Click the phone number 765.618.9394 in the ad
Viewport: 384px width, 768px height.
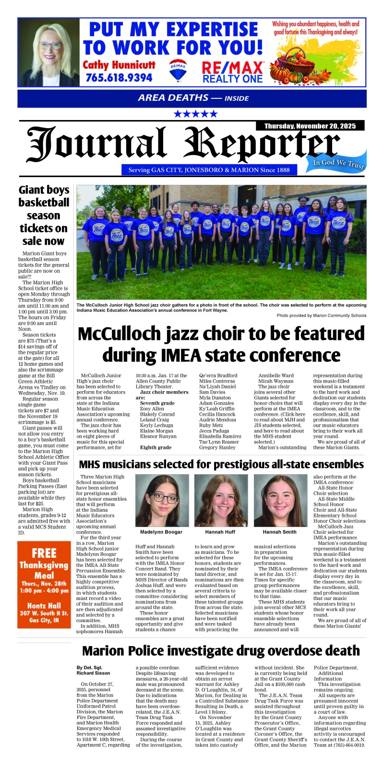point(119,77)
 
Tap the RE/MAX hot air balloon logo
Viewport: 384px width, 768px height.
point(178,71)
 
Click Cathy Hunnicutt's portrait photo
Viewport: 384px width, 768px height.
point(49,53)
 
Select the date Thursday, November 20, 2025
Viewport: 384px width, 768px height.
point(310,126)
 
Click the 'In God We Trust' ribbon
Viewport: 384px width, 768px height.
point(339,164)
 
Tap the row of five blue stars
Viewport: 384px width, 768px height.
point(195,114)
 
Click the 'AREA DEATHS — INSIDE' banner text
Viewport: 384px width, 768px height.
point(193,98)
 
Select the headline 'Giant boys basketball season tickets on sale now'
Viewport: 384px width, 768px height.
point(44,215)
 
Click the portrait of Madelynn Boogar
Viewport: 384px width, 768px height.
point(161,500)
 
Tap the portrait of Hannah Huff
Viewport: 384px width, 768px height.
point(220,500)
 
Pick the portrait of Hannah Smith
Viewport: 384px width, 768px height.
point(279,500)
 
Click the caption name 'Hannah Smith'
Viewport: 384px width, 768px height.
point(279,532)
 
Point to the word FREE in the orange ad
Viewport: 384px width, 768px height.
point(44,553)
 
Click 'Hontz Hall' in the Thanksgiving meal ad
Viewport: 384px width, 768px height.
point(44,606)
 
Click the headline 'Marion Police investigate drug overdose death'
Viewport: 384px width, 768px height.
point(220,650)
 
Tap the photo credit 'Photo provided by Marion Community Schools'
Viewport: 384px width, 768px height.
point(321,315)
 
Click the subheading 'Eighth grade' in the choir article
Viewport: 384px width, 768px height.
point(156,447)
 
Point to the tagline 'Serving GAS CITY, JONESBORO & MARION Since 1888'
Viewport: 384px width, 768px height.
point(209,170)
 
